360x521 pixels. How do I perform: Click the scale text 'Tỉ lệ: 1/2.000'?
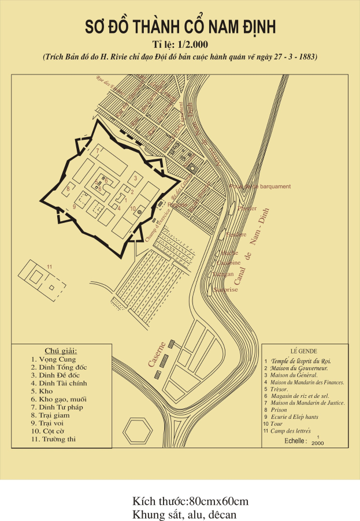pyautogui.click(x=180, y=44)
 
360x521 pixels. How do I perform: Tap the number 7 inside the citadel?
pyautogui.click(x=98, y=151)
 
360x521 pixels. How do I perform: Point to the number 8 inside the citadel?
pyautogui.click(x=69, y=188)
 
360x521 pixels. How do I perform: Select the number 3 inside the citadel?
pyautogui.click(x=135, y=178)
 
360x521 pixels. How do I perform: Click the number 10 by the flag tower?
pyautogui.click(x=132, y=209)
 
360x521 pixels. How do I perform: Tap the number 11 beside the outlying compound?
pyautogui.click(x=50, y=266)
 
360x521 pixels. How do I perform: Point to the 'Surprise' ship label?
pyautogui.click(x=226, y=289)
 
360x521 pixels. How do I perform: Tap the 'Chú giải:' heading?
pyautogui.click(x=61, y=351)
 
